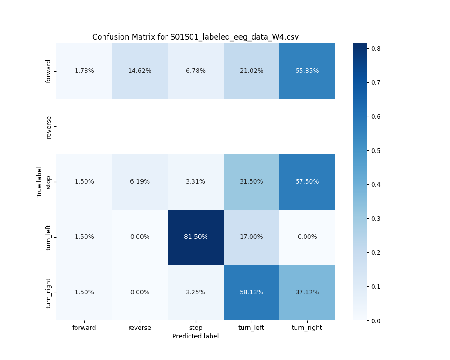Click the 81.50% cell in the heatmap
pyautogui.click(x=196, y=237)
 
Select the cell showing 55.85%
pyautogui.click(x=307, y=71)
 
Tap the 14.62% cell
pyautogui.click(x=140, y=71)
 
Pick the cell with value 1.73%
pyautogui.click(x=84, y=71)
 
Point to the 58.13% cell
pyautogui.click(x=252, y=292)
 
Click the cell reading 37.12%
pyautogui.click(x=307, y=292)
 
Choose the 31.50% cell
pyautogui.click(x=252, y=182)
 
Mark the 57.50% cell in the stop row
pyautogui.click(x=307, y=182)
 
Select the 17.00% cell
pyautogui.click(x=252, y=237)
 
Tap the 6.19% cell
pyautogui.click(x=140, y=182)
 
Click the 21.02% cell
pyautogui.click(x=252, y=71)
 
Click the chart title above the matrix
pyautogui.click(x=195, y=37)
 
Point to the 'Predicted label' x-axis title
pyautogui.click(x=195, y=336)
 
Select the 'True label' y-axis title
pyautogui.click(x=40, y=182)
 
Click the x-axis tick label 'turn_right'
pyautogui.click(x=307, y=328)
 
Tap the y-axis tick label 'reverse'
pyautogui.click(x=49, y=126)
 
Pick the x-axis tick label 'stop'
pyautogui.click(x=196, y=328)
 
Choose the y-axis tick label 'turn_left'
pyautogui.click(x=49, y=237)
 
